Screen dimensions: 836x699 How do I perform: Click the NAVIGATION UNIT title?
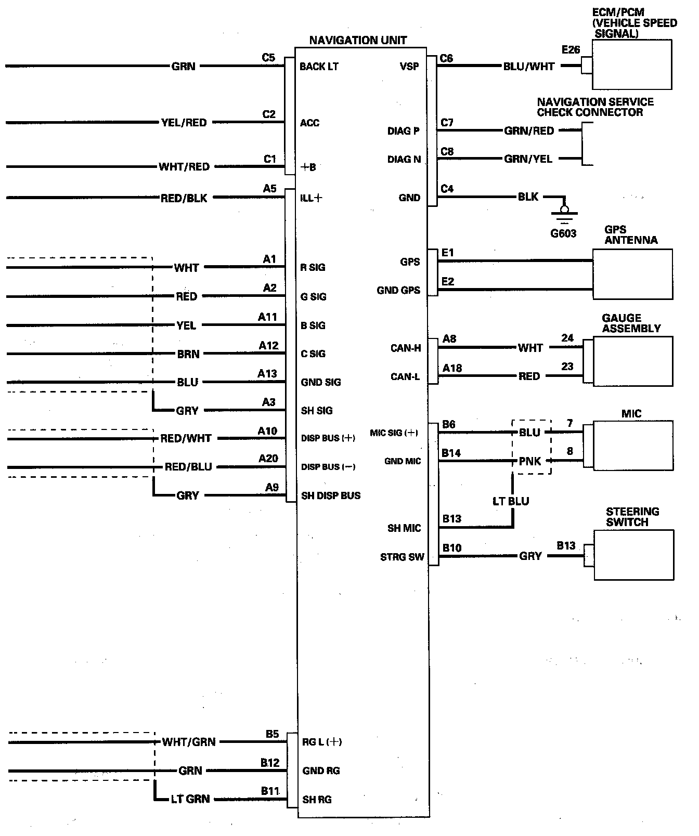pos(358,40)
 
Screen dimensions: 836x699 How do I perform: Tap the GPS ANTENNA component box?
pos(632,274)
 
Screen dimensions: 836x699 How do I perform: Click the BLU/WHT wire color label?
pos(528,67)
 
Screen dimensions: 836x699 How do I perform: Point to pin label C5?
pos(268,58)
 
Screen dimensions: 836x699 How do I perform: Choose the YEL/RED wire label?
pos(184,123)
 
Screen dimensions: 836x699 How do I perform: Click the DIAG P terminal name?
pos(403,131)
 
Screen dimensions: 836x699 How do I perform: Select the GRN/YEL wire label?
pos(528,159)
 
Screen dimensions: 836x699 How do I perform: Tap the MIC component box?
pos(633,446)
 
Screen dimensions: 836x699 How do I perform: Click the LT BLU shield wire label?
pos(511,501)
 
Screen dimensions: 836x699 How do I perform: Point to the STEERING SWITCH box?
pos(633,555)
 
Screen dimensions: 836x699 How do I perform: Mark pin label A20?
pos(268,459)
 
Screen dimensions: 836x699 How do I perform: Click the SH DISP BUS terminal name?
pos(330,495)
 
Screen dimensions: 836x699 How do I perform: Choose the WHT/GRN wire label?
pos(188,742)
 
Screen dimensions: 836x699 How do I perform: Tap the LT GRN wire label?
pos(190,799)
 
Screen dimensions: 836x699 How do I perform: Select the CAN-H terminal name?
pos(406,348)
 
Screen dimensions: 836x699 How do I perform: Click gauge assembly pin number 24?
pos(567,338)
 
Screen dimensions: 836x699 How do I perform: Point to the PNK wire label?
pos(530,461)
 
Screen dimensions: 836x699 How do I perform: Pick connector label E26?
pos(571,50)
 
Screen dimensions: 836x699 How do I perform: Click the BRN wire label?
pos(188,354)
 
